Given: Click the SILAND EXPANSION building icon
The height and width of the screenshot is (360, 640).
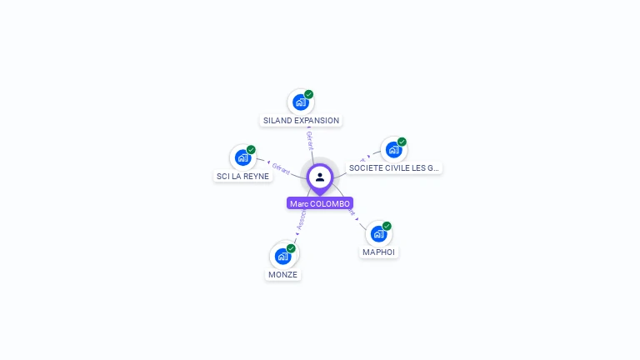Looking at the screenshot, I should tap(301, 102).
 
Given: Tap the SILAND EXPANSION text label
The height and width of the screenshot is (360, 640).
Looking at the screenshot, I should tap(301, 120).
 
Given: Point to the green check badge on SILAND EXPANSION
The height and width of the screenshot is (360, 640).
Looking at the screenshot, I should tap(309, 94).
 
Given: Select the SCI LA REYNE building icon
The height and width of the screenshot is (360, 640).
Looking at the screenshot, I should tap(242, 157).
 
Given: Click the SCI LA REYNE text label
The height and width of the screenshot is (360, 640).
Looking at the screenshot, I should tap(242, 176).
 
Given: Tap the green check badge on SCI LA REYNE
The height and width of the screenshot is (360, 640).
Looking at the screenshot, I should tap(251, 150).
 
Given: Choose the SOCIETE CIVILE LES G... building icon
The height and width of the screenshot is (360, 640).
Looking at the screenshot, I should tap(393, 150).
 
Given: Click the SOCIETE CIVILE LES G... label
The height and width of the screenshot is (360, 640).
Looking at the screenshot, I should tap(393, 167).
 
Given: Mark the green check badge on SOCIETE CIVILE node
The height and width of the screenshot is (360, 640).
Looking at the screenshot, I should tap(402, 142).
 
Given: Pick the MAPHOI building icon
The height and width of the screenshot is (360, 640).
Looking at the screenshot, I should tap(379, 234).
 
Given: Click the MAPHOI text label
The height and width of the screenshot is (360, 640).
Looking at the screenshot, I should tap(379, 252).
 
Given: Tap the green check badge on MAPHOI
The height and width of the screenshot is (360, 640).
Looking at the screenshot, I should tap(387, 226).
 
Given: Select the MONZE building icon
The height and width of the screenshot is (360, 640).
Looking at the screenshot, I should tap(282, 257).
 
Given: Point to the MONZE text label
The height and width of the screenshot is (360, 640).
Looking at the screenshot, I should tap(282, 274).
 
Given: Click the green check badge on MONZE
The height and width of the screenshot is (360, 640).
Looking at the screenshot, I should tap(291, 248).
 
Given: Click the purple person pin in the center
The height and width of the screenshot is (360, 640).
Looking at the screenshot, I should tap(320, 177).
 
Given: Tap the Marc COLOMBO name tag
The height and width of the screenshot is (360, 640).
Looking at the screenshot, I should tap(320, 203).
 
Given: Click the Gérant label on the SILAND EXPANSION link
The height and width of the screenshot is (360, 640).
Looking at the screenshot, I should tap(309, 139).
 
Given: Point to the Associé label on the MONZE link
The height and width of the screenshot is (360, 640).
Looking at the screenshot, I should tap(302, 219).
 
